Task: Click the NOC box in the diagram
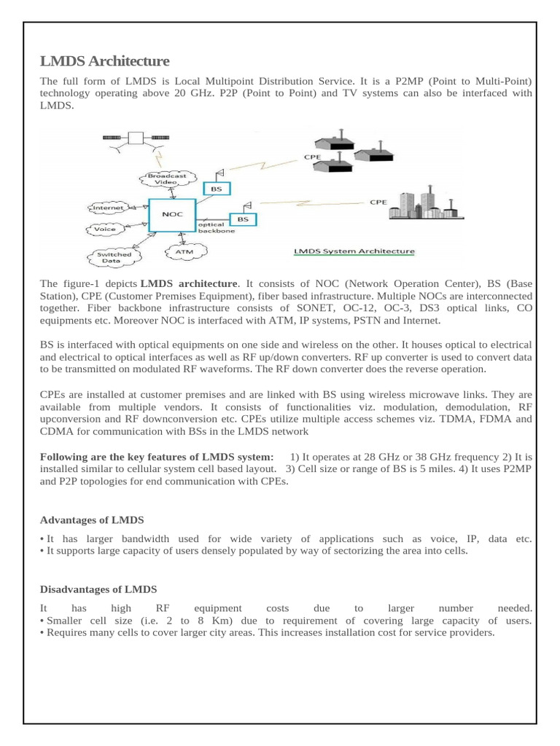point(172,216)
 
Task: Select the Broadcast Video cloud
point(167,178)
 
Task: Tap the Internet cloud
point(109,208)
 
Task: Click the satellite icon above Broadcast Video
point(134,138)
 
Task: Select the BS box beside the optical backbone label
point(243,219)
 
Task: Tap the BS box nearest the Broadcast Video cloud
point(216,189)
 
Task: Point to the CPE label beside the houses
point(311,156)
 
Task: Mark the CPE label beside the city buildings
point(378,203)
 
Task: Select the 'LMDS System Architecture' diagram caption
point(353,252)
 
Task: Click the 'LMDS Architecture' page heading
point(104,61)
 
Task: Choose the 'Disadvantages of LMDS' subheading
point(98,589)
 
